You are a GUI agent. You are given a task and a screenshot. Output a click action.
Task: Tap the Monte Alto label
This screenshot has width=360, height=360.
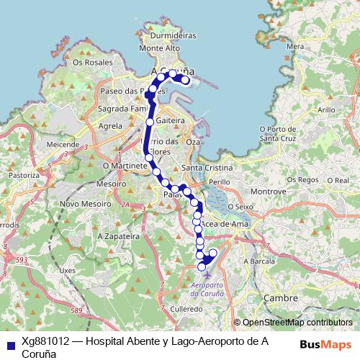pos(159,48)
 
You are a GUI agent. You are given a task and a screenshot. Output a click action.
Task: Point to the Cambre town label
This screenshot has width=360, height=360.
pos(280,297)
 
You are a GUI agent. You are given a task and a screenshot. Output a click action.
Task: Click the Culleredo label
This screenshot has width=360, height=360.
pos(186,307)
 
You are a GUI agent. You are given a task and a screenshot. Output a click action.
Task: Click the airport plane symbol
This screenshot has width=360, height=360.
pos(208,274)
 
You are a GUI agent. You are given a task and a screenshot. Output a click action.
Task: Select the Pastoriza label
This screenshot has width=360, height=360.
pos(24,175)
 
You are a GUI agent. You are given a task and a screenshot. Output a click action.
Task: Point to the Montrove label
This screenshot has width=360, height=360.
pos(268,192)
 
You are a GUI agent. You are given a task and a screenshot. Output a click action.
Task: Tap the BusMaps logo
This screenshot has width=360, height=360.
pos(325,343)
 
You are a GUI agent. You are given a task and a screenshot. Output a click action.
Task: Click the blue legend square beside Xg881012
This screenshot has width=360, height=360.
pos(9,343)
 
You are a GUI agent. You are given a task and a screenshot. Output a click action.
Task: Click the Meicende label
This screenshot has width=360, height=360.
pos(63,144)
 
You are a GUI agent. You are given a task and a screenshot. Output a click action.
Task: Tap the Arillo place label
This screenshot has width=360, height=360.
pos(326,109)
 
